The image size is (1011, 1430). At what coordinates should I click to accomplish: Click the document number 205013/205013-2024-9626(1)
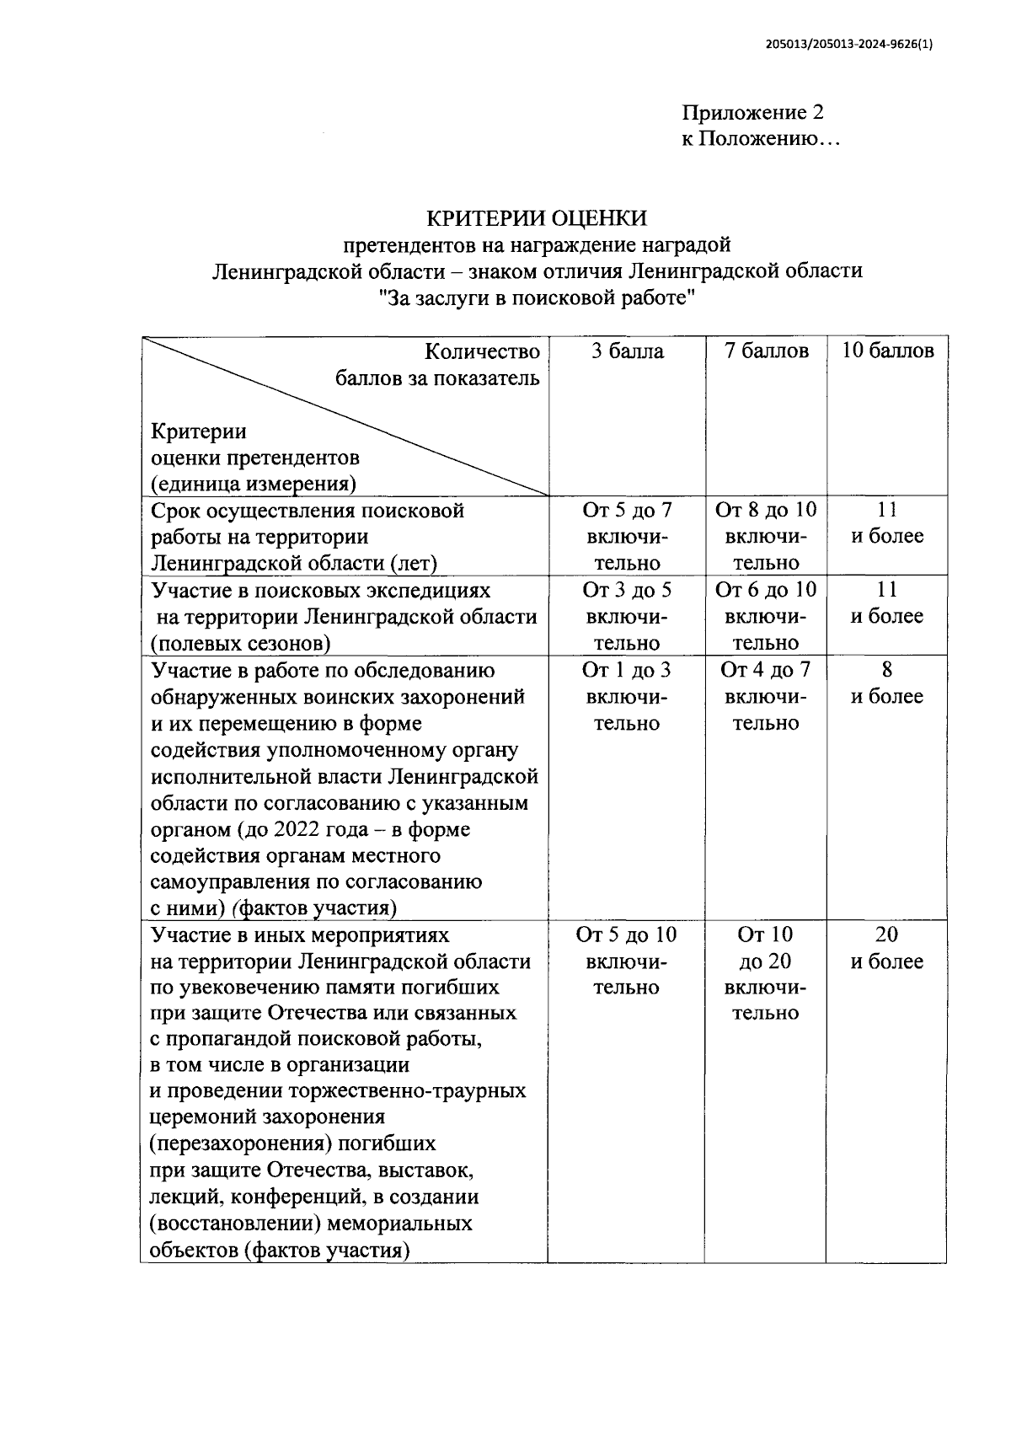(850, 46)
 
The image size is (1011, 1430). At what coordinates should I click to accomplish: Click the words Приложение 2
(752, 113)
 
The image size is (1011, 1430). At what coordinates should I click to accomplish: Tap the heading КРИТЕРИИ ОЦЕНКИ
(537, 218)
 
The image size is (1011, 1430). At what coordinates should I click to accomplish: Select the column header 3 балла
(627, 351)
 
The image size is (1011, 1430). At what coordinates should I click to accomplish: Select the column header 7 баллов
(766, 351)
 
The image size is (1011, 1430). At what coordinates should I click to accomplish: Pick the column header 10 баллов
(887, 351)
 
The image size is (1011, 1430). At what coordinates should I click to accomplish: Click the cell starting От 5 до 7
(627, 536)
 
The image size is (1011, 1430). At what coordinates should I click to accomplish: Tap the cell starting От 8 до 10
(766, 536)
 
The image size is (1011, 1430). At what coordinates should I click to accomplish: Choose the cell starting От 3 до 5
(627, 616)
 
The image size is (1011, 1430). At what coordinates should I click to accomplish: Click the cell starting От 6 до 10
(766, 616)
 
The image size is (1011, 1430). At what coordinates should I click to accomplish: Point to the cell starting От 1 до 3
(627, 696)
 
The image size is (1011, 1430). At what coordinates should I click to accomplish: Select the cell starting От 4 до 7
(766, 696)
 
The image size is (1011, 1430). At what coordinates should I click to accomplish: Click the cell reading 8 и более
(886, 683)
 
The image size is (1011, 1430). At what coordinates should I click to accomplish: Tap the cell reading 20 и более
(886, 948)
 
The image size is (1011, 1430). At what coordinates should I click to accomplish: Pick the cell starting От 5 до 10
(626, 961)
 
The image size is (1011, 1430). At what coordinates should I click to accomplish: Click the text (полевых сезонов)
(240, 644)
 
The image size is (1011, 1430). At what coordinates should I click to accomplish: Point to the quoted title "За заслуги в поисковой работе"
(537, 297)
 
